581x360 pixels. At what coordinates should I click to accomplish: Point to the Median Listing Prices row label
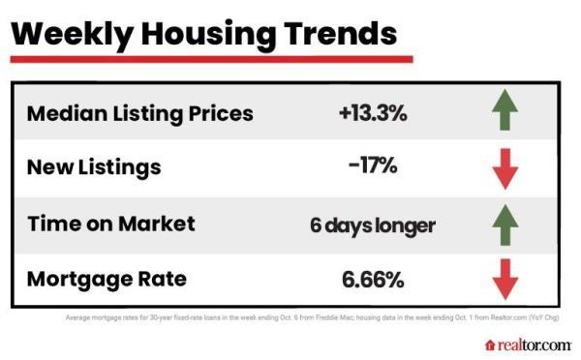point(139,113)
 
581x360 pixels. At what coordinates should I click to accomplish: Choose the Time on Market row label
point(110,224)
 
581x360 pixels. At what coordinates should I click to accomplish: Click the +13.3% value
point(373,113)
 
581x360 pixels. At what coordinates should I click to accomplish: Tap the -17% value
point(372,167)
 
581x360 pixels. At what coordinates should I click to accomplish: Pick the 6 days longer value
point(372,225)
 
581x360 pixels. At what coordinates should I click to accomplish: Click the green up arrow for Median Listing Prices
point(505,113)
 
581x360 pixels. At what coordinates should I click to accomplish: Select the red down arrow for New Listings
point(505,168)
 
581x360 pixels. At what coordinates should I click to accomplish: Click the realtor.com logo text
point(534,345)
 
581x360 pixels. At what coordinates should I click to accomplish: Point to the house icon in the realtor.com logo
point(490,345)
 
